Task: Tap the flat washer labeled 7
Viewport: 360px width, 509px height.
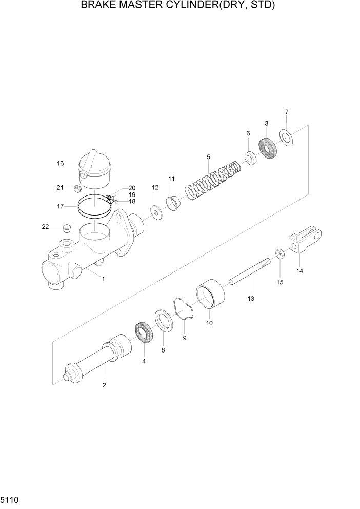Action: [286, 138]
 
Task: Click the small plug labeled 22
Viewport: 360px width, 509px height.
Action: [65, 227]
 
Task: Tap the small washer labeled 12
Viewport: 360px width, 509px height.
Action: [155, 211]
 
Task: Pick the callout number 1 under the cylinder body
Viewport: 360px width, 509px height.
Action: [103, 279]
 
